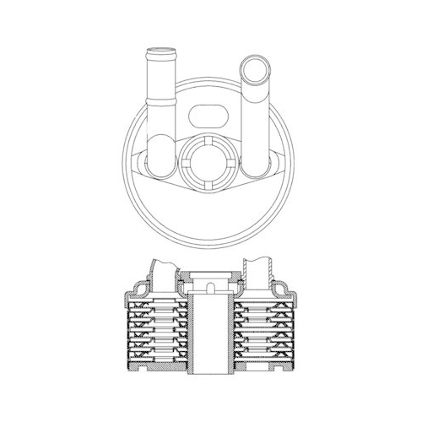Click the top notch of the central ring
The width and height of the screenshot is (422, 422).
tap(208, 138)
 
